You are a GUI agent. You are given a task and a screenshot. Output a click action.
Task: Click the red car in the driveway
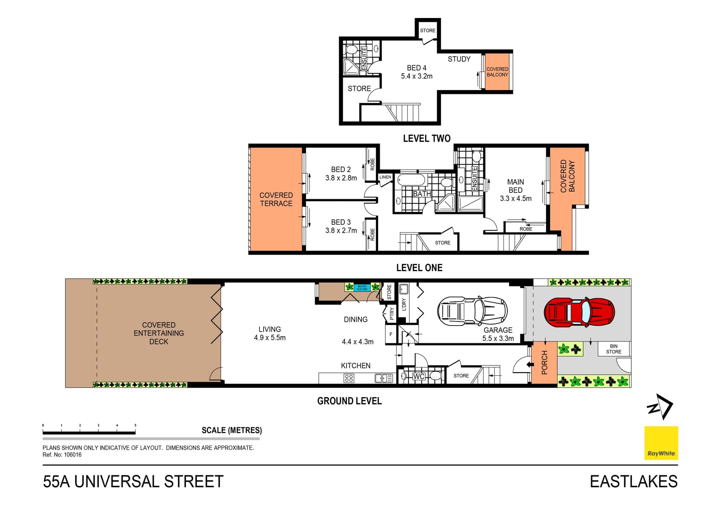[579, 312]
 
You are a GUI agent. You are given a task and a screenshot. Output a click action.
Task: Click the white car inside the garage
[472, 311]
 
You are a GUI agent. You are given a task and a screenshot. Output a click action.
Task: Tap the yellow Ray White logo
[661, 443]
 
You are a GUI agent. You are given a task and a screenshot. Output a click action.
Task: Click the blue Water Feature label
[362, 288]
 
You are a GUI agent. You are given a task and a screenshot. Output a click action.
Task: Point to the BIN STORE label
[613, 349]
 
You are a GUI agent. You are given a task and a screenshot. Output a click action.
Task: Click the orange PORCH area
[544, 362]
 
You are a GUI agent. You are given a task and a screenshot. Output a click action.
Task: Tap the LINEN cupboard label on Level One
[385, 177]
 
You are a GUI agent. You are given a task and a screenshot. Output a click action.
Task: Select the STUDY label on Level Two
[459, 59]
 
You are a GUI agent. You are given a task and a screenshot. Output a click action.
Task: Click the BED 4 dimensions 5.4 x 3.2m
[416, 76]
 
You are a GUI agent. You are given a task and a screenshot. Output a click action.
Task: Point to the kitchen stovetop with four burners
[348, 378]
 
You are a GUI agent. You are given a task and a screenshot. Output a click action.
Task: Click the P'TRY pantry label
[392, 313]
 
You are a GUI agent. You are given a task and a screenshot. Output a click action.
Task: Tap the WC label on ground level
[419, 376]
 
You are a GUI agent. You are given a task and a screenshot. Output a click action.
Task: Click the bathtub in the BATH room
[411, 180]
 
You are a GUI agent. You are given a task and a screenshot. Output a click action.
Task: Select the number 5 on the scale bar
[135, 425]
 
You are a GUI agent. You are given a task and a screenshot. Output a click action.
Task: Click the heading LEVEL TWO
[427, 138]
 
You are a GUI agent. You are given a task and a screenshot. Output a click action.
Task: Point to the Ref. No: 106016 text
[62, 455]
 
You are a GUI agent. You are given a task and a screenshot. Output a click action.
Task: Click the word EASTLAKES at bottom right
[633, 482]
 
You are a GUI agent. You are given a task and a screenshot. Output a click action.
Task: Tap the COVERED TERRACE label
[276, 199]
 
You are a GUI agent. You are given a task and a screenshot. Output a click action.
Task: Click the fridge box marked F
[391, 334]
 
